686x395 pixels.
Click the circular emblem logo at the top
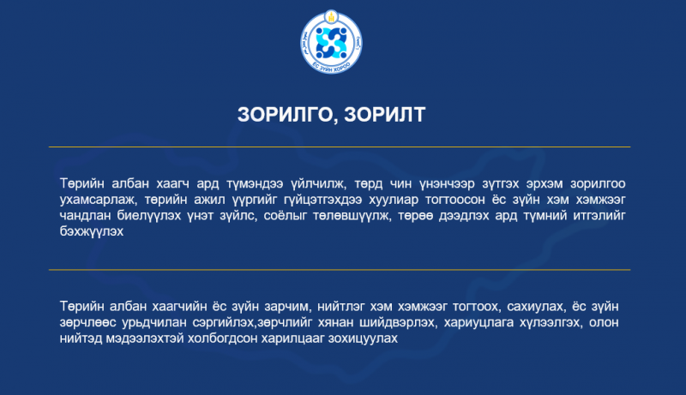[331, 42]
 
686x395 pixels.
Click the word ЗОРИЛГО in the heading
[286, 115]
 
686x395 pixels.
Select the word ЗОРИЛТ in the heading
[384, 115]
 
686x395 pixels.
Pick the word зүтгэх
[501, 184]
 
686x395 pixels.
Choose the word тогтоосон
[455, 200]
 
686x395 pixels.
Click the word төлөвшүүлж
[352, 216]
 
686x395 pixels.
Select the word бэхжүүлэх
[92, 231]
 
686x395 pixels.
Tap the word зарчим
[287, 307]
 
